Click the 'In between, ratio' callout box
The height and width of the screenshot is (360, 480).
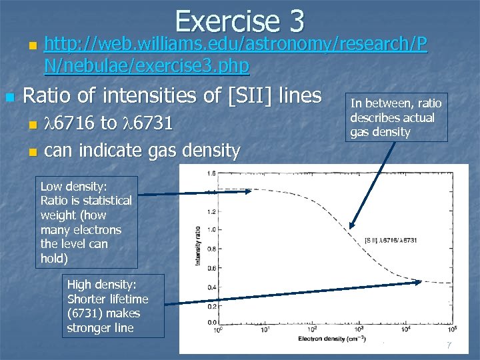point(396,117)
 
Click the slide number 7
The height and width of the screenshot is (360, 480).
point(449,345)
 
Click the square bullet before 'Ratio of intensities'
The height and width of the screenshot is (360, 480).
point(9,97)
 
